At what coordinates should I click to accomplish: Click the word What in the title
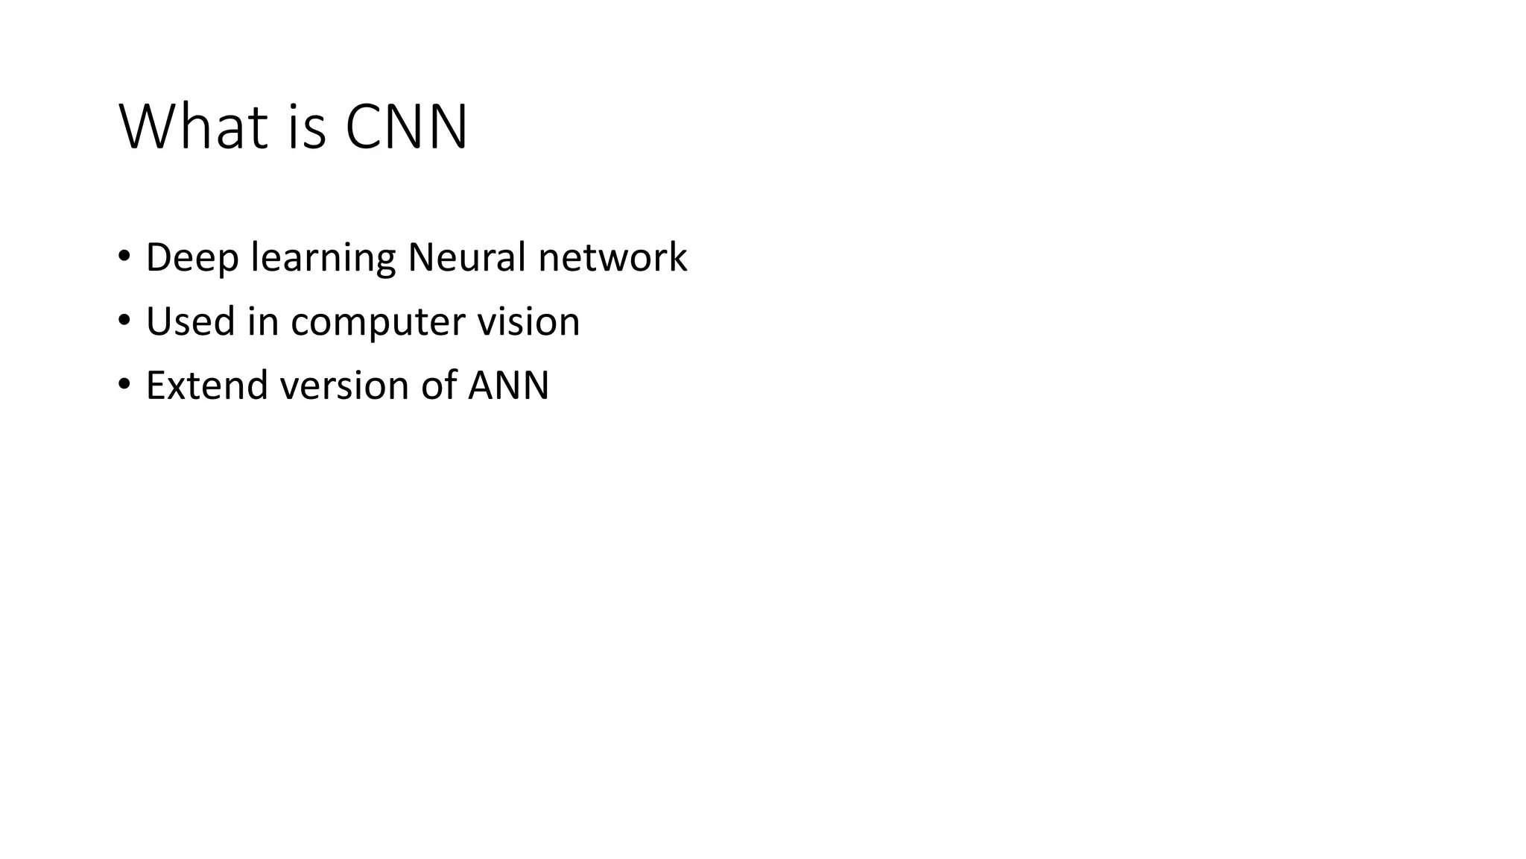tap(192, 127)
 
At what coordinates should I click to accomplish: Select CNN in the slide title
tap(406, 127)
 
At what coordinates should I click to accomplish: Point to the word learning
tap(323, 259)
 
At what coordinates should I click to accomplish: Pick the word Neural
tap(466, 257)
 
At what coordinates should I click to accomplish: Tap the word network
tap(612, 257)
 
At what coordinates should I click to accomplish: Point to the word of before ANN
tap(438, 386)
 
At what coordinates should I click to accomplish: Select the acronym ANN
tap(508, 386)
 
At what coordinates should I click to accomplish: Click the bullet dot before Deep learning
tap(124, 257)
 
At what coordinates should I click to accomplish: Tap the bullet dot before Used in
tap(124, 321)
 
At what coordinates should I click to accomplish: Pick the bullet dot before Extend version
tap(124, 385)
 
